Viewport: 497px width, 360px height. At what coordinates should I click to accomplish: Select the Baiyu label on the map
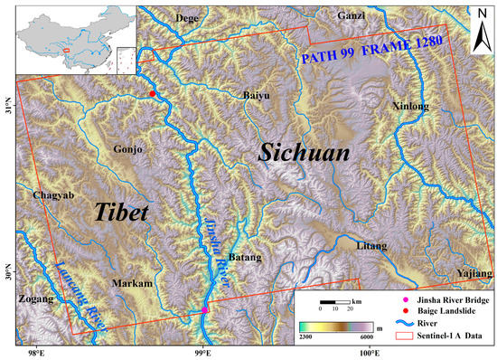coord(257,95)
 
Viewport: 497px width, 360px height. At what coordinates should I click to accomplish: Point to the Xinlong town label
coord(411,106)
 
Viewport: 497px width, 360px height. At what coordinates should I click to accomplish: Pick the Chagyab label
coord(47,195)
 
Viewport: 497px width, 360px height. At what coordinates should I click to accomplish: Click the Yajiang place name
coord(473,272)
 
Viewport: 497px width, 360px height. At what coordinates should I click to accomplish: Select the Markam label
coord(130,284)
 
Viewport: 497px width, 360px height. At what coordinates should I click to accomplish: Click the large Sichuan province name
coord(304,153)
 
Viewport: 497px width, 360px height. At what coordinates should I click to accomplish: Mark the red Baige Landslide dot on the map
coord(152,93)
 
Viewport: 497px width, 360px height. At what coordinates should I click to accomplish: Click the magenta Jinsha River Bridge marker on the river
coord(205,310)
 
